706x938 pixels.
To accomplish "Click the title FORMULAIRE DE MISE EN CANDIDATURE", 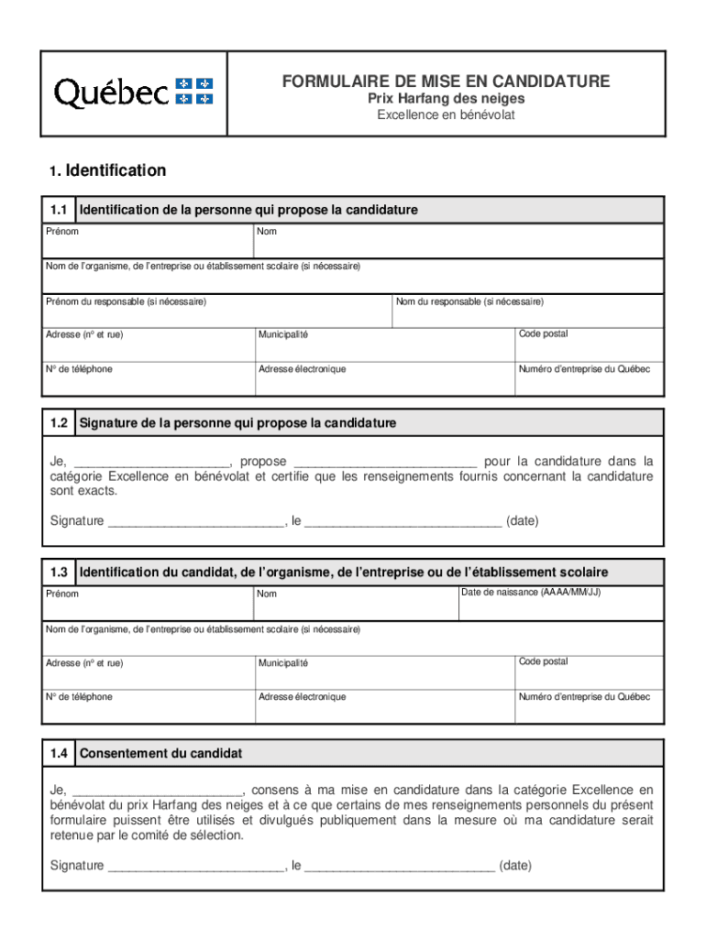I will coord(446,82).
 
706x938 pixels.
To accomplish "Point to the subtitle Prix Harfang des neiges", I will coord(446,99).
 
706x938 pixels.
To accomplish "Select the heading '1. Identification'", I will coord(108,170).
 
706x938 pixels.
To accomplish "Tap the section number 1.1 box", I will coord(60,210).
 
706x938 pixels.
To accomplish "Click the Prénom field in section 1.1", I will coord(149,242).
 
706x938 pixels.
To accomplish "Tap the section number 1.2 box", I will coord(60,423).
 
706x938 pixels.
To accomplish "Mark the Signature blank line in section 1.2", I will coord(195,522).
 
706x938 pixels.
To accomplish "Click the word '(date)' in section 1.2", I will coord(523,521).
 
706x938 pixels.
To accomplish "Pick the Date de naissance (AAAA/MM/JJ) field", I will coord(560,604).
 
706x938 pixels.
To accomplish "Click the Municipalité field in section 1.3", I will coord(384,673).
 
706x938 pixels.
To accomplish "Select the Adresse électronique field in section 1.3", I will coord(384,707).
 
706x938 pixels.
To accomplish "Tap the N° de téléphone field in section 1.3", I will coord(149,707).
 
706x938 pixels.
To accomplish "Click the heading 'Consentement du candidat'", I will coord(161,754).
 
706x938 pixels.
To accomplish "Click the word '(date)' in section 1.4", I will coord(515,866).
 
